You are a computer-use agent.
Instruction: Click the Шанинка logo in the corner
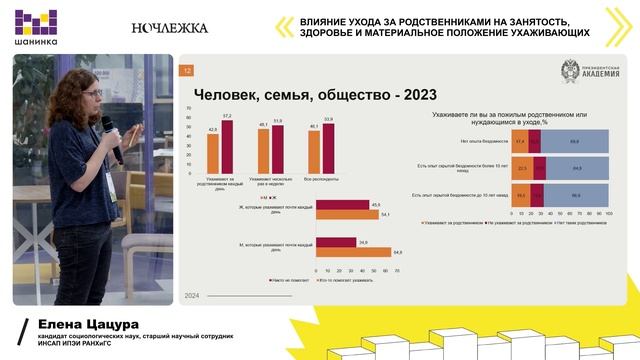(x=33, y=27)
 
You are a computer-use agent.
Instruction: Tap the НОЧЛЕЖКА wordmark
(x=170, y=28)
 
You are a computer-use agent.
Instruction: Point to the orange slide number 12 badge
(x=186, y=70)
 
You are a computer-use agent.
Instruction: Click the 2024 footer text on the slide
(x=192, y=296)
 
